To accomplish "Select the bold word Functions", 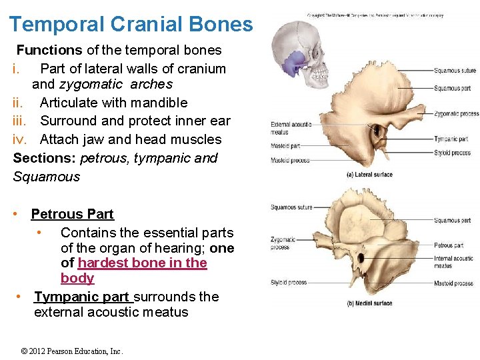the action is point(49,50).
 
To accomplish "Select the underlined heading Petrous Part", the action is point(72,214).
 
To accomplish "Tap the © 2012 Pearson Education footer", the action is point(72,351).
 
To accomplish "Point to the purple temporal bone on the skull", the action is point(292,63).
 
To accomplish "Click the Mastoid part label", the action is point(285,146).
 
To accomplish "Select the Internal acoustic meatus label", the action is point(453,262).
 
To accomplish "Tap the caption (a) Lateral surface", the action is point(369,175).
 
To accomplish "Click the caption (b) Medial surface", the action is point(369,303).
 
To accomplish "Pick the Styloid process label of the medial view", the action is point(289,283).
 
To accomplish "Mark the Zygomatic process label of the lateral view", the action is point(456,114).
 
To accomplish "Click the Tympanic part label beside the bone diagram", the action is point(451,139).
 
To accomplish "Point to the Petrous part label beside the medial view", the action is point(449,245).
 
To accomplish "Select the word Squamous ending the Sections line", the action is point(46,177).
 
